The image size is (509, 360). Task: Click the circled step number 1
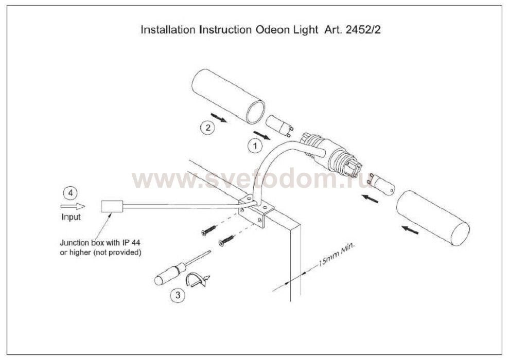pos(255,146)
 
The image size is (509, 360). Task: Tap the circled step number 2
pos(208,128)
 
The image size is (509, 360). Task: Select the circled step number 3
pos(178,296)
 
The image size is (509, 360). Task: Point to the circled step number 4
pos(71,193)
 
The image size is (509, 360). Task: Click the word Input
pos(71,217)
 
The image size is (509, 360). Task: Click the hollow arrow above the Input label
pos(73,206)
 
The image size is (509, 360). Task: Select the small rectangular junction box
pos(112,206)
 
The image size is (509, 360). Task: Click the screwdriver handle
pos(169,274)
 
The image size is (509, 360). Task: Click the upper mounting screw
pos(208,230)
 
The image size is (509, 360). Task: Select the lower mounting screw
pos(226,240)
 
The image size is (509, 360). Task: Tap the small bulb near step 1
pos(279,125)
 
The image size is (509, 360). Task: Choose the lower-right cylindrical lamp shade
pos(433,218)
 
